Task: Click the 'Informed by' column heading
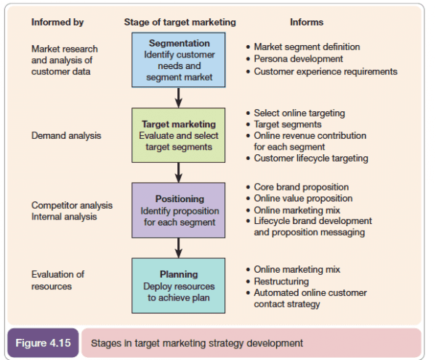coord(57,22)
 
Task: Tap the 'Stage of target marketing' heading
coord(180,22)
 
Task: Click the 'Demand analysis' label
coord(66,135)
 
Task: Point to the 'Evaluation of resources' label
coord(58,280)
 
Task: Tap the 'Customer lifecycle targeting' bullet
coord(310,159)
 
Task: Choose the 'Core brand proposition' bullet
coord(301,187)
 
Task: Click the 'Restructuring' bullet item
coord(281,281)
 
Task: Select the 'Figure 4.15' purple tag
coord(45,343)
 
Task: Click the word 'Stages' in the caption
coord(108,343)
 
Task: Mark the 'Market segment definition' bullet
coord(306,47)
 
